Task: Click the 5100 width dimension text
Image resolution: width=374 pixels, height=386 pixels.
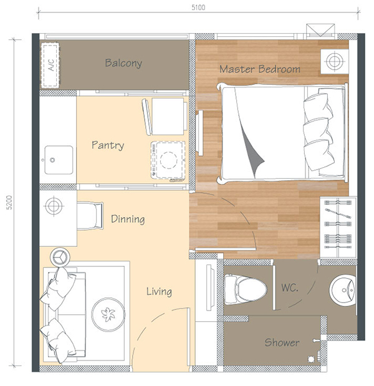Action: [x=198, y=7]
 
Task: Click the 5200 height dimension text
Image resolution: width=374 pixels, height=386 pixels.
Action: [x=9, y=203]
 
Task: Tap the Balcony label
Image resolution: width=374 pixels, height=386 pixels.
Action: [x=123, y=63]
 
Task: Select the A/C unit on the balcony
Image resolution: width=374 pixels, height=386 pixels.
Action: [x=50, y=65]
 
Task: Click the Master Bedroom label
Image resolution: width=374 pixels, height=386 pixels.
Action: [x=259, y=69]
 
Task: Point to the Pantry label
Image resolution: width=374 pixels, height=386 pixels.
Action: [x=108, y=145]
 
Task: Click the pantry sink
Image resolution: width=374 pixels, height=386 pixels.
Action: [x=59, y=160]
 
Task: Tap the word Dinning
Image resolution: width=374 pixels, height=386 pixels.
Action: [x=128, y=219]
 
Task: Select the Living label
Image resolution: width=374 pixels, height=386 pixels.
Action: [x=159, y=292]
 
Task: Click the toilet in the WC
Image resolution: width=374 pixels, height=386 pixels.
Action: [x=245, y=289]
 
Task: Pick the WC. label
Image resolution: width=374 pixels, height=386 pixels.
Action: [x=290, y=287]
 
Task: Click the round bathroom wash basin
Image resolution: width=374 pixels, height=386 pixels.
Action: [x=342, y=290]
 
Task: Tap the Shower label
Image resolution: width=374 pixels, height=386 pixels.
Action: [x=282, y=342]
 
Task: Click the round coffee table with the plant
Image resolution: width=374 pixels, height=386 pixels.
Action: [x=108, y=314]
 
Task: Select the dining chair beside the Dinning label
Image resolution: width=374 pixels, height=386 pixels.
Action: [x=90, y=216]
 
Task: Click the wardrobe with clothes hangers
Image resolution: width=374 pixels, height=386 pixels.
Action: [x=338, y=227]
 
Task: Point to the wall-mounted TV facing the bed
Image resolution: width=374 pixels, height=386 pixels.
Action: [x=199, y=133]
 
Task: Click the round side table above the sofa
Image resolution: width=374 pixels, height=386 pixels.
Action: [x=60, y=257]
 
